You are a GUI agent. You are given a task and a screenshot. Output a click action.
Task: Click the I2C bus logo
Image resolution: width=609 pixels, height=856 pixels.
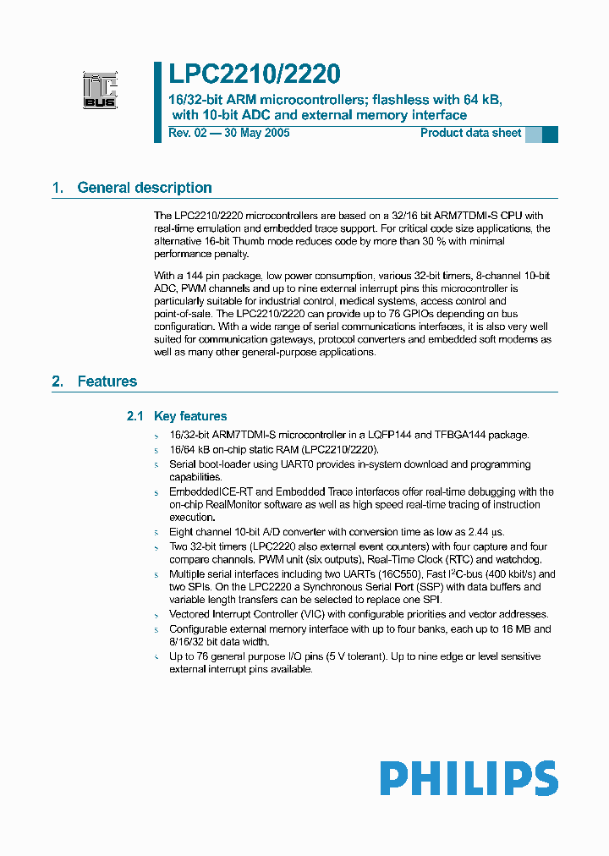pos(100,90)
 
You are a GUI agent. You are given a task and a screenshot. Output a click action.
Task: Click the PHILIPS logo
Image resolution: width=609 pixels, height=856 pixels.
pos(468,778)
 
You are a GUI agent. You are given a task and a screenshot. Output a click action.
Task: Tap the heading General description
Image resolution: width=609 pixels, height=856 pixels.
pos(144,188)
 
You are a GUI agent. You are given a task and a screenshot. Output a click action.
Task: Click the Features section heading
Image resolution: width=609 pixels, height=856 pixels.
pos(107,381)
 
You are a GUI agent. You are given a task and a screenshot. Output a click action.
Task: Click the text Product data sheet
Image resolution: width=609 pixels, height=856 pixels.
pos(470,134)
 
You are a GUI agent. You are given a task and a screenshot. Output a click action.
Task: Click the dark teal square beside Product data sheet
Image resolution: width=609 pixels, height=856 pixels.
pos(550,134)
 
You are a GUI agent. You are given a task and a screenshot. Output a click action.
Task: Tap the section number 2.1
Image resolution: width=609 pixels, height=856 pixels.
pos(135,416)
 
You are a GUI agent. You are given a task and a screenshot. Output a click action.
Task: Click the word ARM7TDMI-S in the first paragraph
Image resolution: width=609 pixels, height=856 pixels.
pos(446,216)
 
